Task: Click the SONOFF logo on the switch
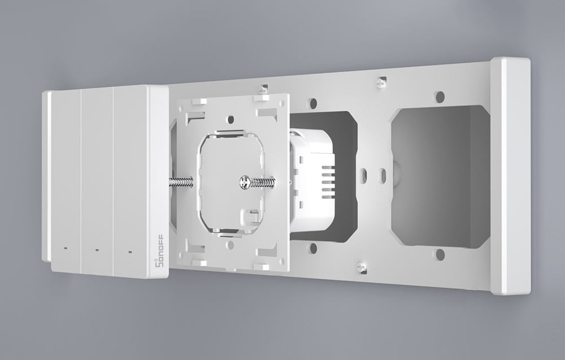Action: coord(160,250)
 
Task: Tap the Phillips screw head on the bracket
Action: coord(245,182)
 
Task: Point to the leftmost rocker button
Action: coord(66,181)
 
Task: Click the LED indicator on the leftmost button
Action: coord(65,248)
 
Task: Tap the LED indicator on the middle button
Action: coord(97,249)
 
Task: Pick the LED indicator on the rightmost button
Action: coord(130,251)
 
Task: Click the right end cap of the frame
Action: coord(510,176)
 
